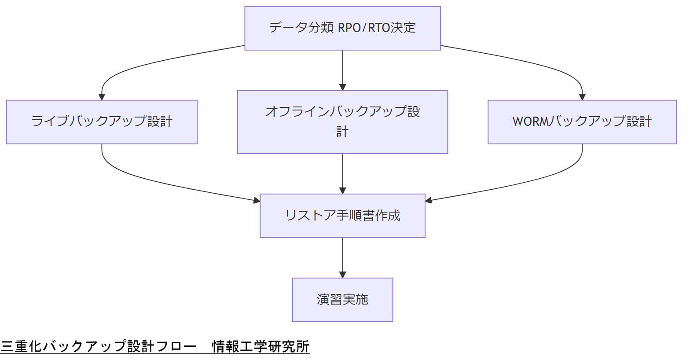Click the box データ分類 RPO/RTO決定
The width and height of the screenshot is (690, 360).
point(342,28)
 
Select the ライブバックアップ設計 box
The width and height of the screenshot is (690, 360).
point(102,122)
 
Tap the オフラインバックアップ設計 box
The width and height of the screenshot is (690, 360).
point(342,122)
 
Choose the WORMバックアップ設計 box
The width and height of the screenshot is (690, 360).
point(582,122)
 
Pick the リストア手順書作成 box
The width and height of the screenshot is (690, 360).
point(342,216)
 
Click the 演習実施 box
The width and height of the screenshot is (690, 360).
point(342,300)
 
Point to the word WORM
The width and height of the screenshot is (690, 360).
point(531,121)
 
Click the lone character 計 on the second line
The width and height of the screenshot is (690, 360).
point(342,131)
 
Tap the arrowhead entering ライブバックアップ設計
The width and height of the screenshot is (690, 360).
point(102,97)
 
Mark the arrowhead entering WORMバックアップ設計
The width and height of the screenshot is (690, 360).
point(582,97)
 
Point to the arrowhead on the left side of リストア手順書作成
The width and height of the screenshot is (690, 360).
point(257,201)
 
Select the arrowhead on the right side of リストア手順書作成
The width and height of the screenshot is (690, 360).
point(429,201)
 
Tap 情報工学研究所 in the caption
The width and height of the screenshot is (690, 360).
point(261,346)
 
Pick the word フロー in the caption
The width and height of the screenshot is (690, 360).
point(176,346)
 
